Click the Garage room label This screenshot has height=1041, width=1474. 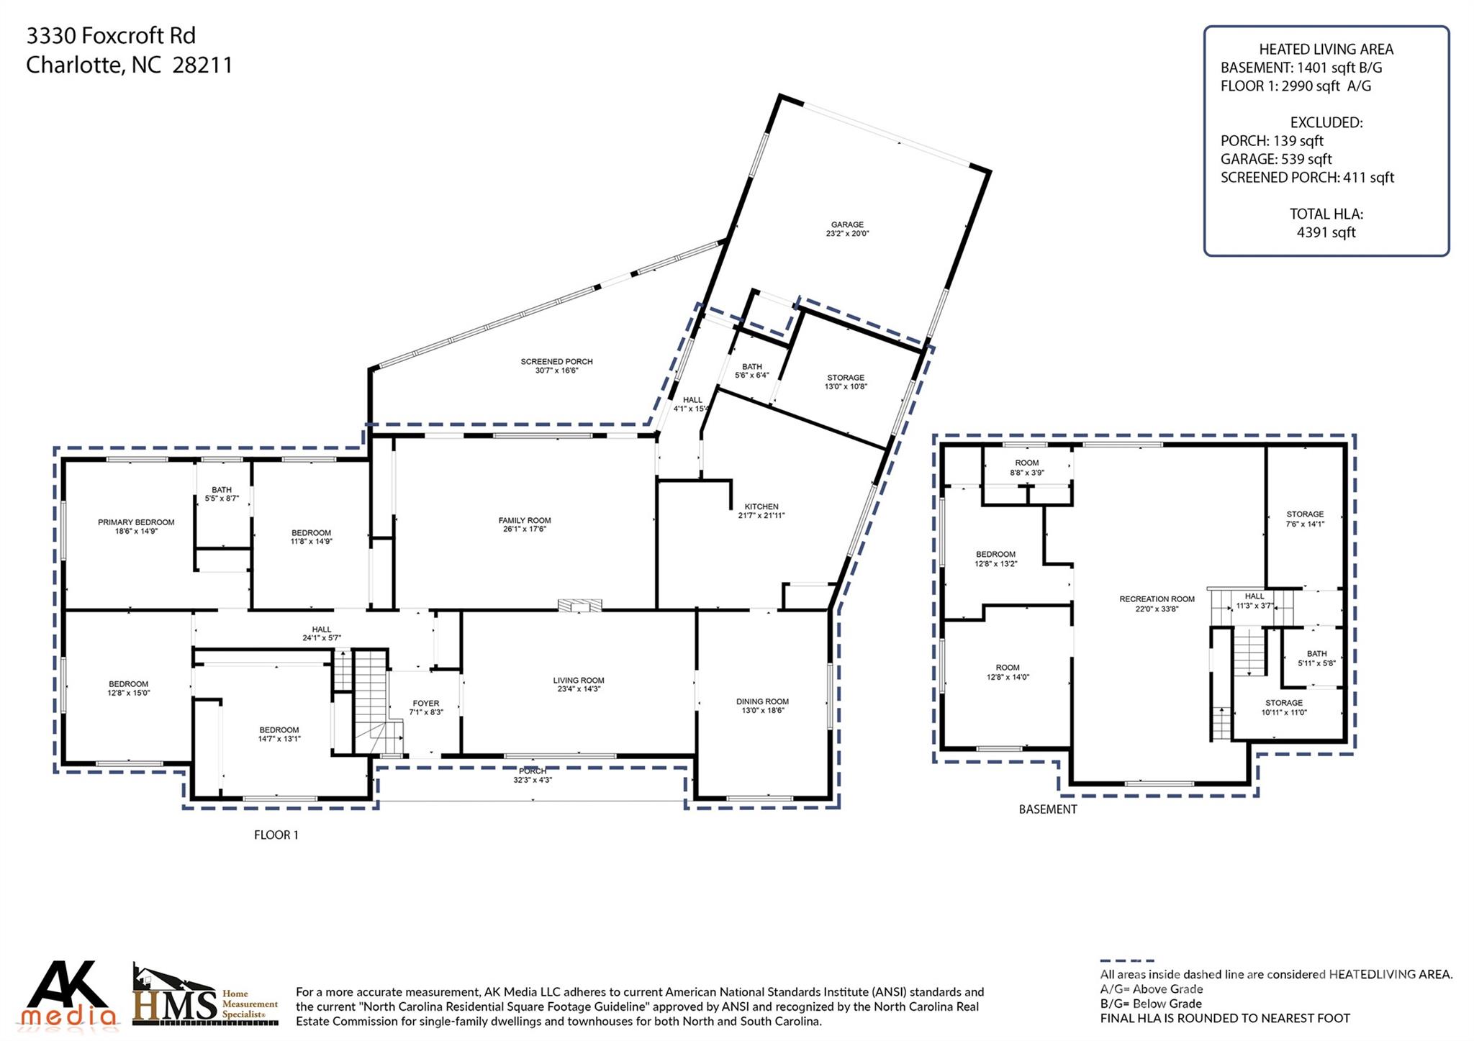(847, 225)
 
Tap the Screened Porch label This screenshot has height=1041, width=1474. (556, 362)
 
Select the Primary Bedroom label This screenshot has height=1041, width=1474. (136, 522)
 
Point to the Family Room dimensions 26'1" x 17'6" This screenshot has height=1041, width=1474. (524, 529)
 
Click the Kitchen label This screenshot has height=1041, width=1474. (761, 506)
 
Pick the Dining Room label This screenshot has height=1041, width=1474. (762, 701)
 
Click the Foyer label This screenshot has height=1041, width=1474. (425, 704)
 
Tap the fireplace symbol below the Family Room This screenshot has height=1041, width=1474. (579, 605)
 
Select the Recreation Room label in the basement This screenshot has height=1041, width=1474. (1157, 599)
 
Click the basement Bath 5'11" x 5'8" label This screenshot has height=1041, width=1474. (1316, 658)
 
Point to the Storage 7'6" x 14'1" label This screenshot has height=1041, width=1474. (1305, 519)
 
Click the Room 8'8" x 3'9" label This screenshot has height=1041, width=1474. (1026, 468)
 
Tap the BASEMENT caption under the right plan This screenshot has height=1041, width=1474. (1047, 809)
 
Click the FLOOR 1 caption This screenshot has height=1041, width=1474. (276, 835)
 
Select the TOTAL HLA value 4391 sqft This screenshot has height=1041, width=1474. (1326, 232)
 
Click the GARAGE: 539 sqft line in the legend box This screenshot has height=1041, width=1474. (1275, 159)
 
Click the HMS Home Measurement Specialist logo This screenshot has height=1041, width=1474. (204, 996)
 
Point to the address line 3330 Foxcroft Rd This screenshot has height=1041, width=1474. (111, 35)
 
